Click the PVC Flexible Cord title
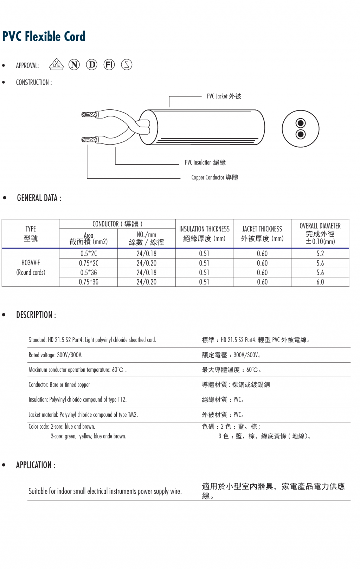tap(44, 37)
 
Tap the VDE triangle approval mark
tap(56, 65)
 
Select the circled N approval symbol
tap(74, 65)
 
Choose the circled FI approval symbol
tap(109, 65)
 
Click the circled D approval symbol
tap(92, 65)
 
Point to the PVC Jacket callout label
tap(224, 96)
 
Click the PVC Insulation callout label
tap(205, 162)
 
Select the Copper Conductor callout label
tap(214, 178)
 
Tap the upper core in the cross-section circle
tap(301, 123)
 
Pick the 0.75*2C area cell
tap(89, 263)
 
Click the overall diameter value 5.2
tap(320, 254)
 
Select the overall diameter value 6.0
tap(320, 282)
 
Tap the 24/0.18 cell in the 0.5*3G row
tap(146, 273)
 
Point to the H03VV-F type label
tap(31, 263)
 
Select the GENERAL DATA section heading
tap(39, 198)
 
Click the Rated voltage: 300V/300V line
tap(56, 355)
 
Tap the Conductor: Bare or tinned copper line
tap(59, 385)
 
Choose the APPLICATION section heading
tap(36, 465)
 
